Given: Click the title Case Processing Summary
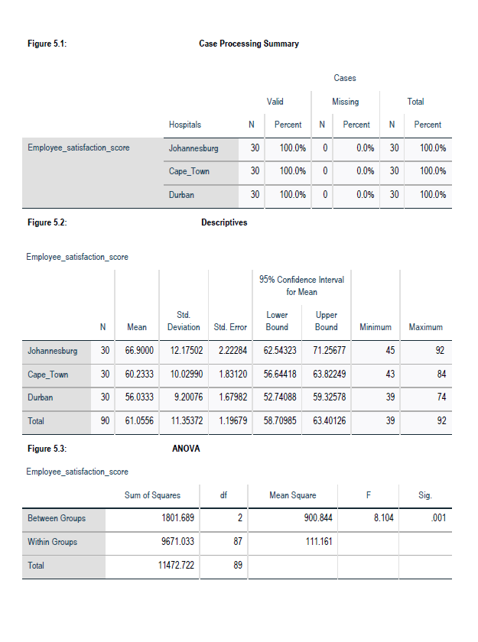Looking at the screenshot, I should tap(249, 44).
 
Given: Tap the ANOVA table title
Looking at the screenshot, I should tap(187, 449).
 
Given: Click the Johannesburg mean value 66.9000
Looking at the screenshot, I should tap(137, 352).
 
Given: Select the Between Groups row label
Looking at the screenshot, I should tap(57, 518).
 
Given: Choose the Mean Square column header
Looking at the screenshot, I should tap(292, 495).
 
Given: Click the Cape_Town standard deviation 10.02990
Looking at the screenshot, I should tap(184, 375).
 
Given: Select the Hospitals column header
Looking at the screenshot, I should tap(185, 125).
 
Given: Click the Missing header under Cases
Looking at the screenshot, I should tap(345, 102).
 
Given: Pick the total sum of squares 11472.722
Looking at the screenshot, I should tap(170, 566).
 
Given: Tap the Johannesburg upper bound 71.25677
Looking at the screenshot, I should tap(326, 352).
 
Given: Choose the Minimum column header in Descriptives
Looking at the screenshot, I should tap(375, 327).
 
